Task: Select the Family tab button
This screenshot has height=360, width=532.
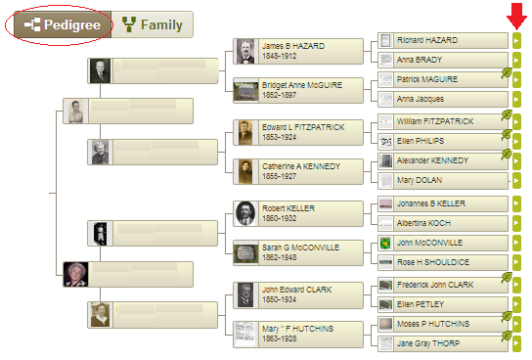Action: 153,24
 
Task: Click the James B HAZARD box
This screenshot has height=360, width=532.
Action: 299,51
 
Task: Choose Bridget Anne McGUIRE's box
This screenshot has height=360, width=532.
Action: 299,90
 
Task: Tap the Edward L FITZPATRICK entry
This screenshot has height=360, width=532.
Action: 299,131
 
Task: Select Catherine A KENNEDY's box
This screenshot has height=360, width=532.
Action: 299,171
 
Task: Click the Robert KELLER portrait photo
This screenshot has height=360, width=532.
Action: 245,212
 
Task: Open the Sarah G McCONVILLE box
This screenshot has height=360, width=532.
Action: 299,252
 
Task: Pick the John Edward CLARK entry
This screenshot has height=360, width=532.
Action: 299,293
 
